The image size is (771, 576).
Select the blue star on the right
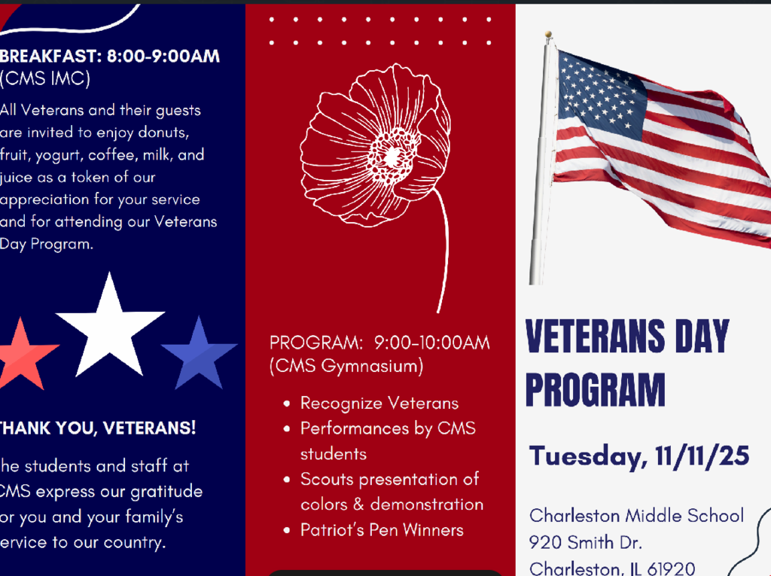click(200, 355)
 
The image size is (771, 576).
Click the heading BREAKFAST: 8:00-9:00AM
click(110, 56)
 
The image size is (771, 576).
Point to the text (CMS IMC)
click(45, 78)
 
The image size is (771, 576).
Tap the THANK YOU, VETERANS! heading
click(98, 428)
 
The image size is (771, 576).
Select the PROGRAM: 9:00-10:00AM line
click(379, 343)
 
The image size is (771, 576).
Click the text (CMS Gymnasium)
click(346, 367)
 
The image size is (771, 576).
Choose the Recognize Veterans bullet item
click(379, 404)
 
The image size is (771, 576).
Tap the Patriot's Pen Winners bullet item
click(382, 530)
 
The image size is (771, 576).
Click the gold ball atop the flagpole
click(548, 35)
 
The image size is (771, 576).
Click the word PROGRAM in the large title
click(595, 390)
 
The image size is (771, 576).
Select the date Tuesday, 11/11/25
click(639, 456)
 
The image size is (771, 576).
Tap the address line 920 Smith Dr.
click(585, 542)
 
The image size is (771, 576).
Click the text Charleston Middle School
click(636, 516)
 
